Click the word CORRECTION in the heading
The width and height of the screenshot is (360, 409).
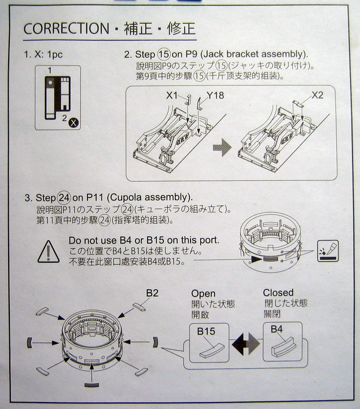[66, 28]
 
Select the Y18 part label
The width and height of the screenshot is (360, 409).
[215, 95]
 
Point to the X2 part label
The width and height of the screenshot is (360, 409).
[317, 95]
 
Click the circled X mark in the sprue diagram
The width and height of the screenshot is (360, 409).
[74, 122]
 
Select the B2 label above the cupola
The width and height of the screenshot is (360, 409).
[152, 293]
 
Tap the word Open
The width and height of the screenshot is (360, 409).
[203, 293]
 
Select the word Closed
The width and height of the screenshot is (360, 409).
[278, 293]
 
